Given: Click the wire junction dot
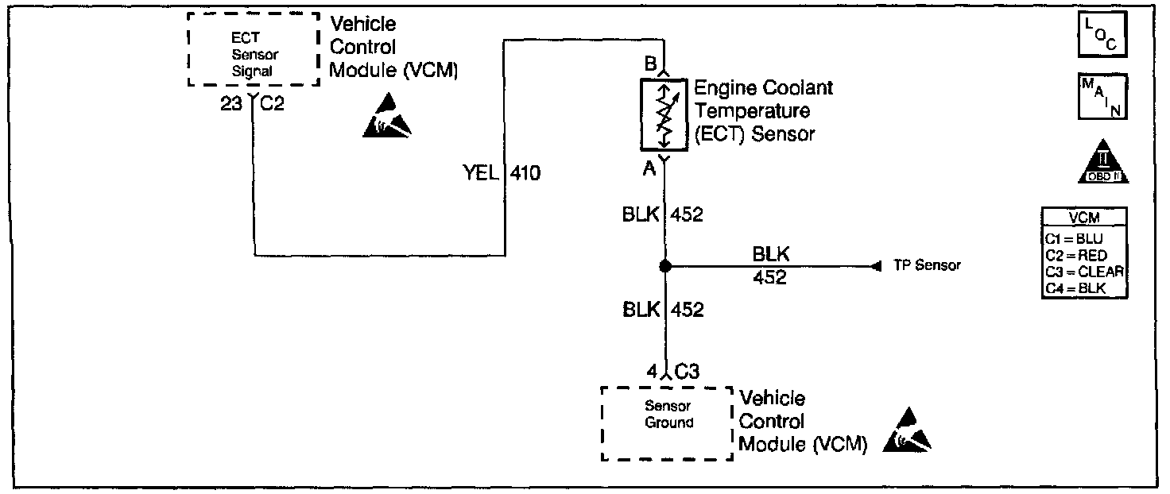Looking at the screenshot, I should (x=665, y=266).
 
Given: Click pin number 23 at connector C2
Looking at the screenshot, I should (x=231, y=103).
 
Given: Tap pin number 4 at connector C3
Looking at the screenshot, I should (x=652, y=370).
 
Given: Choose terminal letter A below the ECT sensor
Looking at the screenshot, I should (x=649, y=167).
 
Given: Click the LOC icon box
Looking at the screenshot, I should (x=1101, y=35).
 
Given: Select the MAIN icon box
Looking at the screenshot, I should (x=1101, y=96).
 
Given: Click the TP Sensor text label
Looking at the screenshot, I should (x=926, y=266).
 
